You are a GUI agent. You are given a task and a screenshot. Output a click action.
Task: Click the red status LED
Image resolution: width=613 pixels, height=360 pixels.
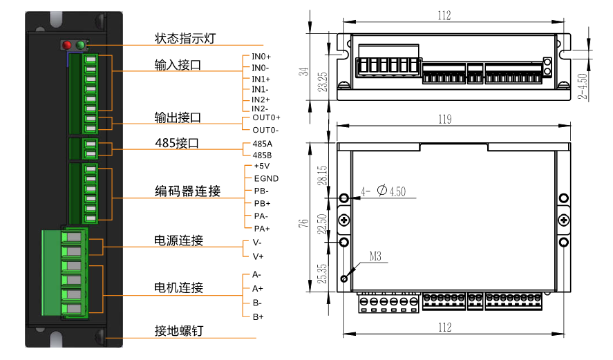(68, 46)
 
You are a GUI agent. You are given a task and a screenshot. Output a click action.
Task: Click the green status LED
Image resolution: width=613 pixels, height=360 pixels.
(81, 46)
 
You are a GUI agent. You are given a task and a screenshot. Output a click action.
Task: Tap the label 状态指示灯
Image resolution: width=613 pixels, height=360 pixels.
(185, 39)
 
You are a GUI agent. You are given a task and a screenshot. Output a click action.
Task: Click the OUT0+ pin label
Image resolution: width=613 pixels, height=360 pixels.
(266, 117)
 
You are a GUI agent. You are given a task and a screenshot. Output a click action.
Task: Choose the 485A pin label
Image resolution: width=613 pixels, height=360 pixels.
(263, 144)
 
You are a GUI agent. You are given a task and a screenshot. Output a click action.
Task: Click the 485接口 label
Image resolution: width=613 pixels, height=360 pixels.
(178, 144)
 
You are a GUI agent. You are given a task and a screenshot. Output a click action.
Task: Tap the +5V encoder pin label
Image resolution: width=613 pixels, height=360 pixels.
(262, 166)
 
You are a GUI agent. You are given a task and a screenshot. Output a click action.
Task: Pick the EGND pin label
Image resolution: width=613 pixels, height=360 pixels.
(266, 178)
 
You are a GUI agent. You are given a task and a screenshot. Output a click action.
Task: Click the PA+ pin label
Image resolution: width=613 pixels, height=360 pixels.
(262, 229)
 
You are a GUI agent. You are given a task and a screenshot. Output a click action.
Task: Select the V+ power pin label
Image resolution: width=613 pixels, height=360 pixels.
(258, 256)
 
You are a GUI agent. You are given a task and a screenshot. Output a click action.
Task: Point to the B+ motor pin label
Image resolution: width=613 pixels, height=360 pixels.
(258, 316)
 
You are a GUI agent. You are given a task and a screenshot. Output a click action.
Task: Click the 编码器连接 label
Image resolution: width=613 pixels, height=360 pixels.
(187, 191)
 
